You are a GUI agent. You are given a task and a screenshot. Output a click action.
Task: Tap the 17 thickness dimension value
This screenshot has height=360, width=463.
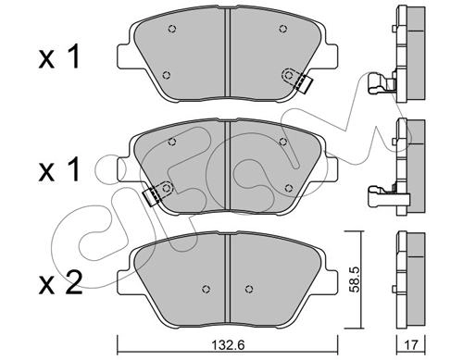(x=411, y=344)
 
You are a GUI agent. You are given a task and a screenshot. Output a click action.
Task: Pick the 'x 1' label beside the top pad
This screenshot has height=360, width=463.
(x=59, y=56)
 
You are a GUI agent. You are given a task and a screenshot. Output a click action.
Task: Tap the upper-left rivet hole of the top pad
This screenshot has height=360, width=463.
(x=172, y=29)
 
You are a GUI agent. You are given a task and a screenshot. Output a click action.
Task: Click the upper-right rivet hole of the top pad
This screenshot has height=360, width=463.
(x=282, y=29)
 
